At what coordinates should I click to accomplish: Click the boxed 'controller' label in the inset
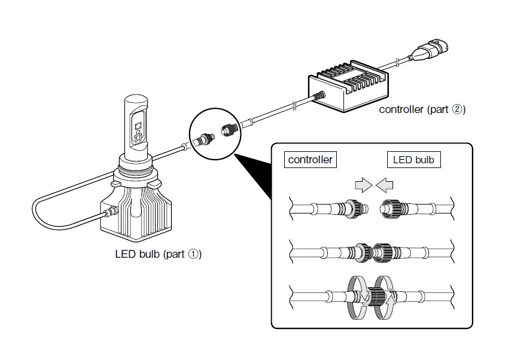(x=311, y=160)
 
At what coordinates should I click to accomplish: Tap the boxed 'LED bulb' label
(x=413, y=160)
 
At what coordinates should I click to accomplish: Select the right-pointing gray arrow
(x=364, y=185)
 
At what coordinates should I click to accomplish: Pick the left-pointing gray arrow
(x=385, y=185)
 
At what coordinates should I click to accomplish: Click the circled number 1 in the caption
(x=193, y=254)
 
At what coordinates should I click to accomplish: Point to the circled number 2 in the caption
(x=457, y=109)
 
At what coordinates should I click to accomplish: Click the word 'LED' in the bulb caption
(x=125, y=254)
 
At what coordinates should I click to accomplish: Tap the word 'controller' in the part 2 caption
(x=401, y=110)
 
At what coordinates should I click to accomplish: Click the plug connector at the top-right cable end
(x=430, y=51)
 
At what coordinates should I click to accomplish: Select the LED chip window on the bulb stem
(x=138, y=131)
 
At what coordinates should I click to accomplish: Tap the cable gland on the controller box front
(x=319, y=96)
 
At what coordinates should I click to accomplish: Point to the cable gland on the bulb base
(x=110, y=212)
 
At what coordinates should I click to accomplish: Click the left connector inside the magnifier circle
(x=203, y=141)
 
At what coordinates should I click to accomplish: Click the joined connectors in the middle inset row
(x=373, y=252)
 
